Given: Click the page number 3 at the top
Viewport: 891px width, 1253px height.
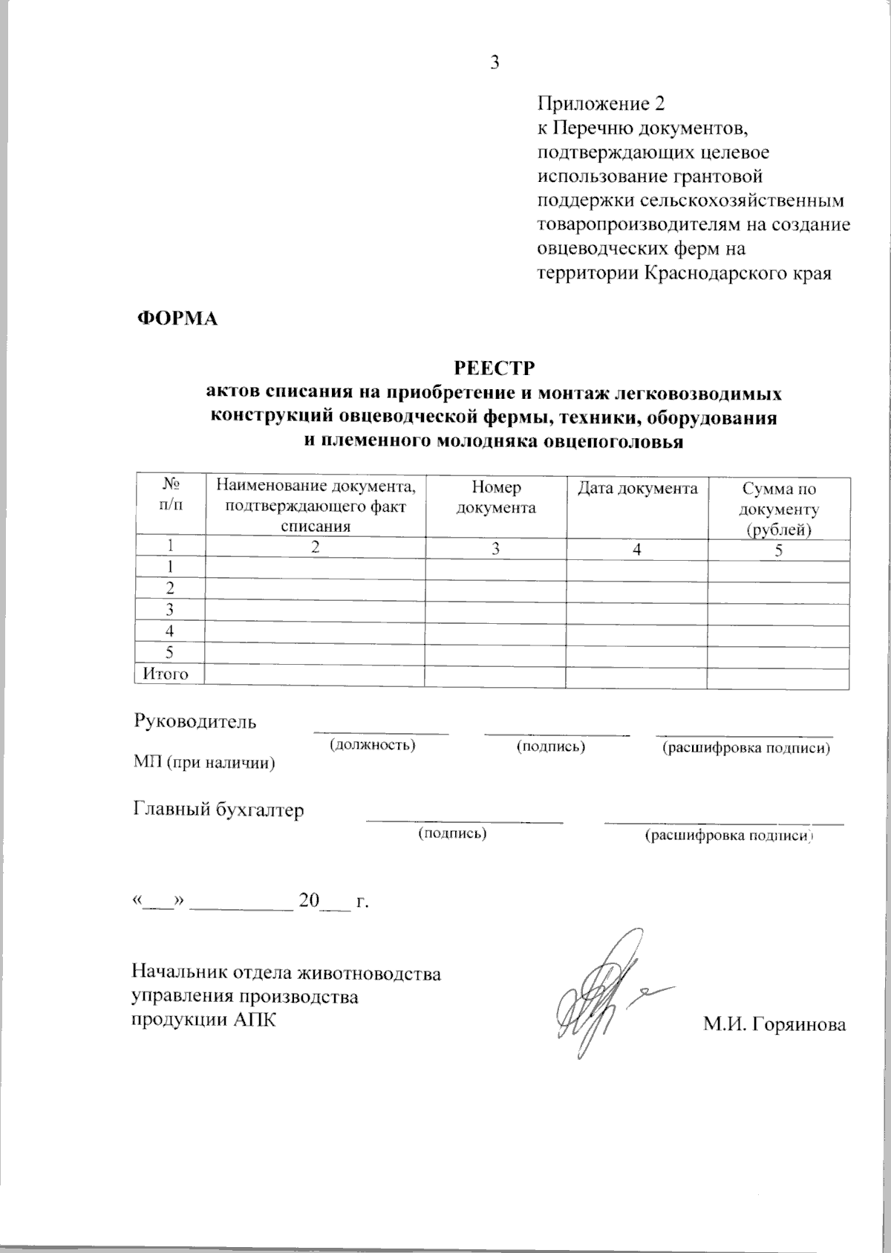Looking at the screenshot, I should pos(494,62).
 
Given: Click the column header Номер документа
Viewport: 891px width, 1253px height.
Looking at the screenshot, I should pos(496,498).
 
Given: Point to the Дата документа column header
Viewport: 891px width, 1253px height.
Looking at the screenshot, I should pos(637,488).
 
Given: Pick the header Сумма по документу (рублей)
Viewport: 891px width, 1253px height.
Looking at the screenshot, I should pos(779,510).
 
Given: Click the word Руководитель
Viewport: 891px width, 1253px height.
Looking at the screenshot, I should pos(195,721).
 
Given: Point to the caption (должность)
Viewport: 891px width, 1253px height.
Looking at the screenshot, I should pos(372,744).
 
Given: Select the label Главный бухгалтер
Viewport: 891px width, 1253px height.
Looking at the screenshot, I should pos(218,810).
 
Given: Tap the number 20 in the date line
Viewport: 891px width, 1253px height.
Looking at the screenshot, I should pos(308,901).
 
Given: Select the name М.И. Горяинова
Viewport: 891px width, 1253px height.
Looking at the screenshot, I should pos(774,1024).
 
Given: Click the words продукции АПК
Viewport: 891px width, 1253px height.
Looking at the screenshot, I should pos(203,1020).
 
